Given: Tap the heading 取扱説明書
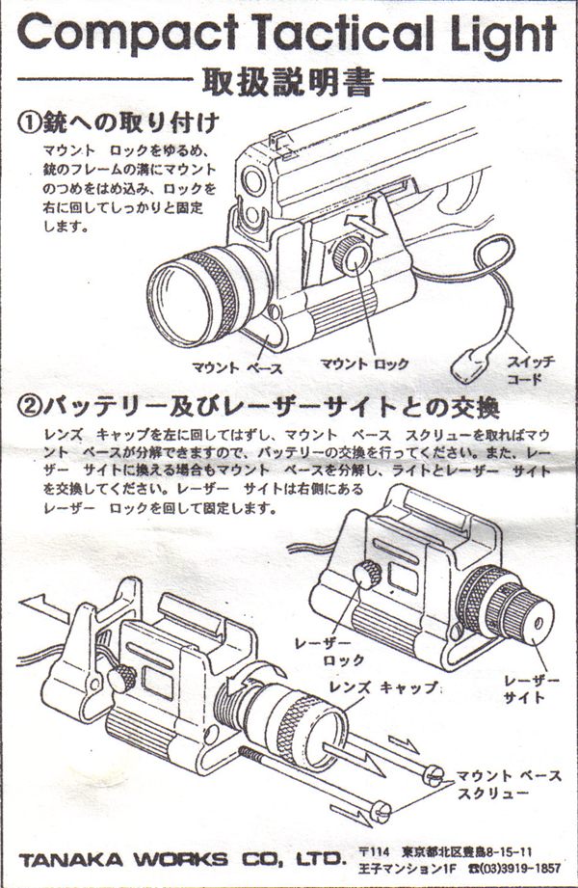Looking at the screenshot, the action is pyautogui.click(x=288, y=83).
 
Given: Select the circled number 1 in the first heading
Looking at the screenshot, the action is pyautogui.click(x=30, y=121).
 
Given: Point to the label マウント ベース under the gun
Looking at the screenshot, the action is pyautogui.click(x=237, y=368).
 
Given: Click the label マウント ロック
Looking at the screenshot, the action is pyautogui.click(x=364, y=364).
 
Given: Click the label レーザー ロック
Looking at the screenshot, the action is pyautogui.click(x=330, y=651).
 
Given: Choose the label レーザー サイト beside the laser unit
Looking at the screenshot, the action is pyautogui.click(x=531, y=688).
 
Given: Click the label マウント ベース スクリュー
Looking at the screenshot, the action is pyautogui.click(x=509, y=784).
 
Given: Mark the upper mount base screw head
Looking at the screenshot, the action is pyautogui.click(x=433, y=774).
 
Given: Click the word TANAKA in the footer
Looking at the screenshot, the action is pyautogui.click(x=70, y=860).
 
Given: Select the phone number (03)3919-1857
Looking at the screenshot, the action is pyautogui.click(x=519, y=868).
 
